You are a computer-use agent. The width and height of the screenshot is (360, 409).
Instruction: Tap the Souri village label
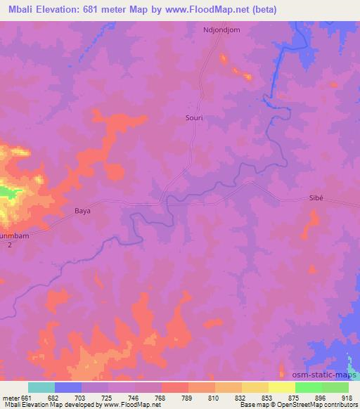(x=193, y=119)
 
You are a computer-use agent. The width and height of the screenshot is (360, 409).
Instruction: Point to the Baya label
(x=83, y=210)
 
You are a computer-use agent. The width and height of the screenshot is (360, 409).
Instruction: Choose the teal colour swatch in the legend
(x=41, y=387)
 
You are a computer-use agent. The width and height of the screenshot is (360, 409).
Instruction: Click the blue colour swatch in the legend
(x=68, y=387)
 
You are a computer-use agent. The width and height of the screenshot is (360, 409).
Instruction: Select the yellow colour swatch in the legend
(x=282, y=387)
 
